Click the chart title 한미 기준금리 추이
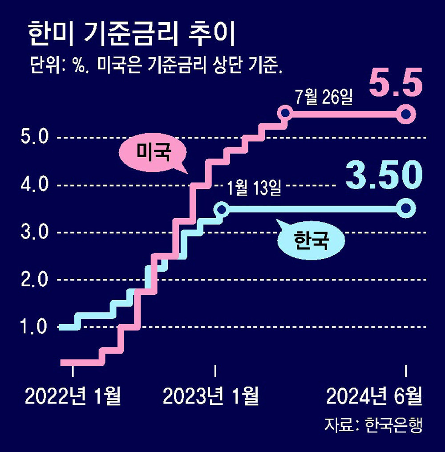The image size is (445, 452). coord(131,36)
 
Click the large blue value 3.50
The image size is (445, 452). coord(384,175)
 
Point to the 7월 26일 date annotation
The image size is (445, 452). coord(324,97)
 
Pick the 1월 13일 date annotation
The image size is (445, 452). coord(254,187)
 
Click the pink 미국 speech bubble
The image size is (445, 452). coord(153,154)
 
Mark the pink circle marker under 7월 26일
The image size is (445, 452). coord(285,114)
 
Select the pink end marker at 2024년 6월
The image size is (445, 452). coord(406,114)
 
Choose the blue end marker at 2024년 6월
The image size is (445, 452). coord(406,208)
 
